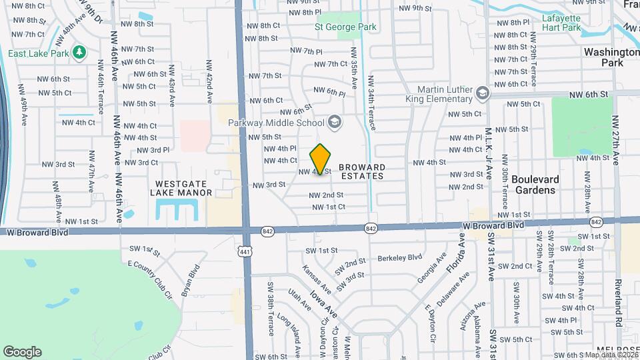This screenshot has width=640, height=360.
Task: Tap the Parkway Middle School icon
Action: [334, 122]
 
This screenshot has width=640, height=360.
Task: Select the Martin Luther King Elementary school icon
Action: [481, 95]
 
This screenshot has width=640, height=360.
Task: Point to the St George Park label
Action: [345, 27]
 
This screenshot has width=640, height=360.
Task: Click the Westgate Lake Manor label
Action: [183, 188]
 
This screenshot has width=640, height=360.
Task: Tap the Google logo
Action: [22, 351]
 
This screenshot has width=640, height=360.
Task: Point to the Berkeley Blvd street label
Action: [400, 257]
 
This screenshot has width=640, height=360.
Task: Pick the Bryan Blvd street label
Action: [191, 281]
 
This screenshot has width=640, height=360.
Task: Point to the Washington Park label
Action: [611, 57]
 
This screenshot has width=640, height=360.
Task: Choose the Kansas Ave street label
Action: [317, 280]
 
